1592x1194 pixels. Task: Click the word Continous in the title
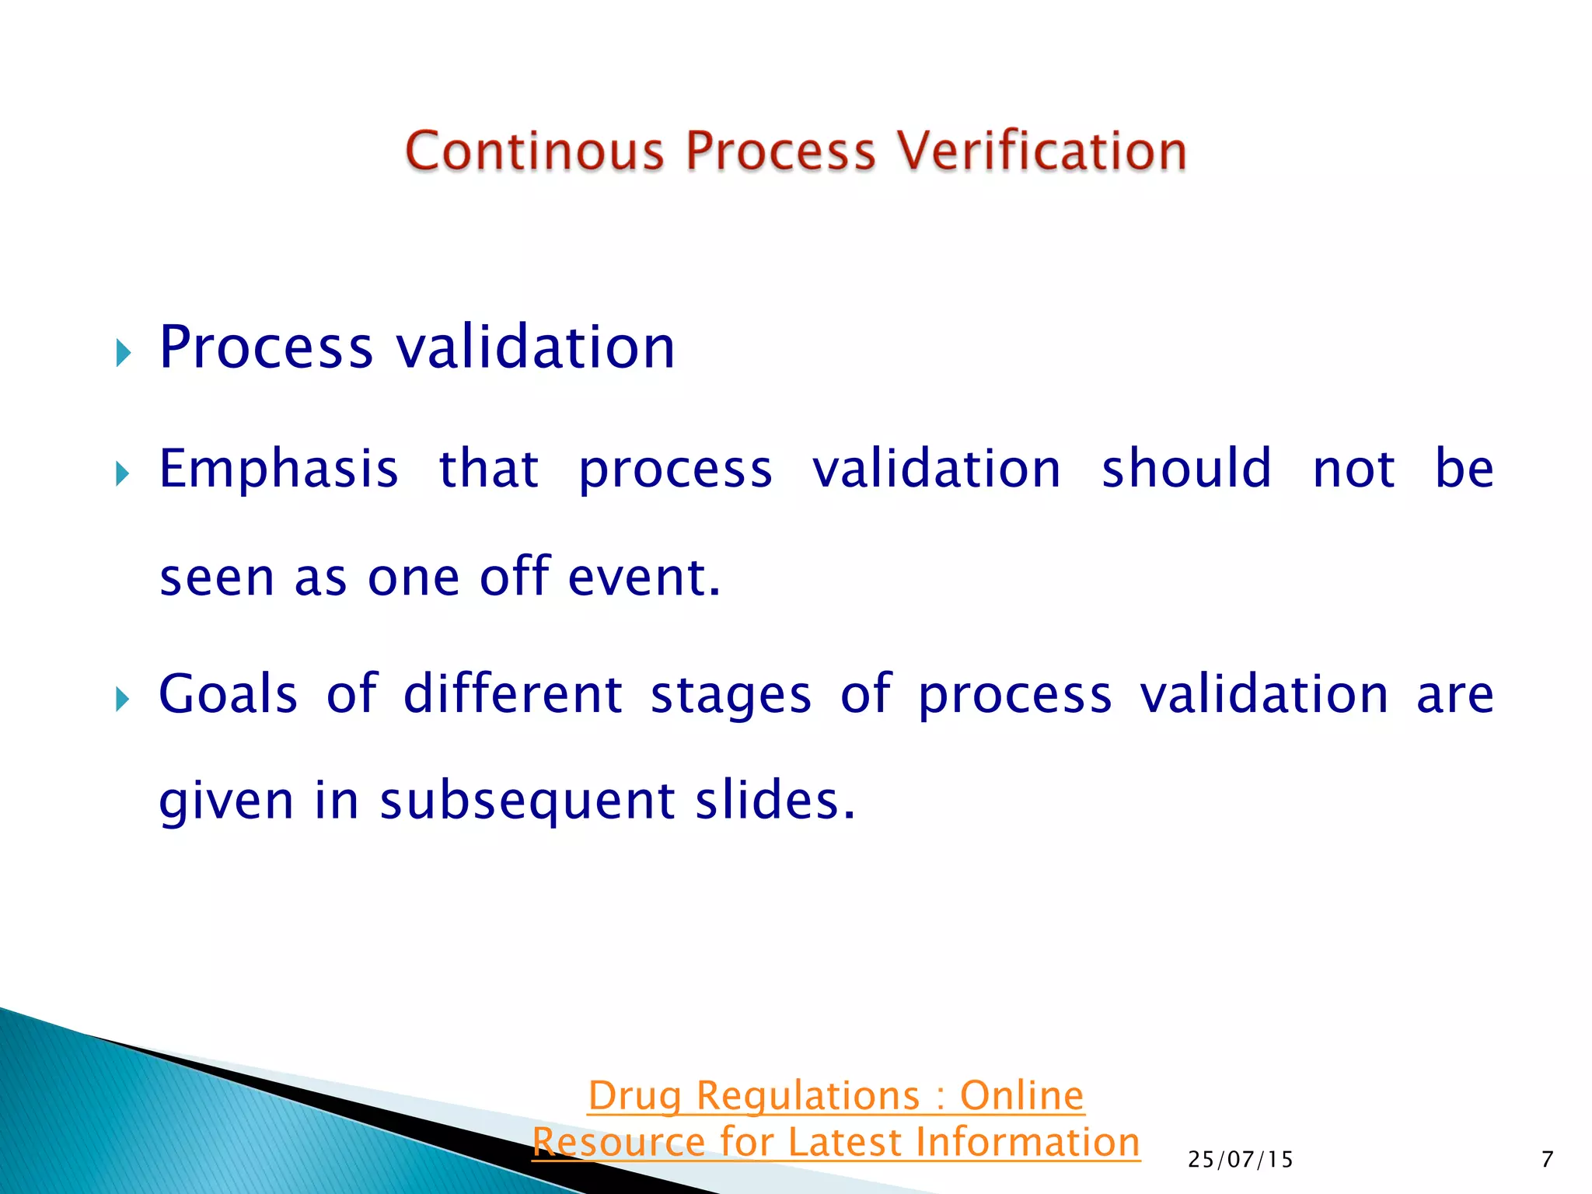point(535,151)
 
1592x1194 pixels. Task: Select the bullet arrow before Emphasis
point(123,473)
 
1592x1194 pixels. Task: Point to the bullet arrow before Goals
point(123,699)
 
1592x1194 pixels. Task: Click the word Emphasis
point(278,470)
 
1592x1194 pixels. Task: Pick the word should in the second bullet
point(1186,470)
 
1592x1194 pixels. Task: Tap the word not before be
point(1353,470)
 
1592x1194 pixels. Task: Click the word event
point(644,578)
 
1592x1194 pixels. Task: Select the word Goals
point(228,694)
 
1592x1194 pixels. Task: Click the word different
point(512,694)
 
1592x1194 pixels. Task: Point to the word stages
point(731,694)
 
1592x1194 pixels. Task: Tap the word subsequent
point(527,801)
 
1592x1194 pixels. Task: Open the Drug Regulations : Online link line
point(836,1096)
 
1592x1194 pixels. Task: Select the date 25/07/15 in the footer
point(1240,1160)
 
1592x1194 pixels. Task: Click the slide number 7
point(1547,1160)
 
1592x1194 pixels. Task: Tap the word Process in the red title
point(780,151)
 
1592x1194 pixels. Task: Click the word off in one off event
point(515,578)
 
